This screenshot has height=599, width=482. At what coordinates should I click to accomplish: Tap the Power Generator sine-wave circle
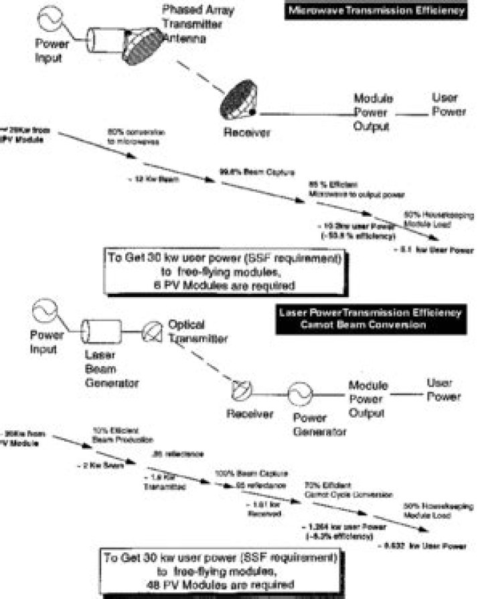[299, 392]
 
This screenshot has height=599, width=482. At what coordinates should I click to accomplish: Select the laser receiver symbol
[240, 390]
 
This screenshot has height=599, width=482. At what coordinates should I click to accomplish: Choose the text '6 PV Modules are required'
[225, 284]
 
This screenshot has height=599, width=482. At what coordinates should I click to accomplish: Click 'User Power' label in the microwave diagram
[449, 106]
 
